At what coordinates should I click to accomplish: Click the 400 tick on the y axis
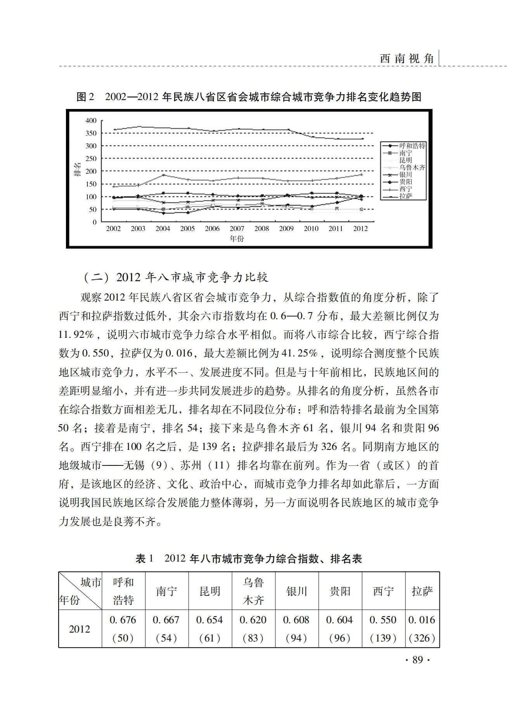click(91, 121)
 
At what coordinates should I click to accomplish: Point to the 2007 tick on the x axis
click(237, 229)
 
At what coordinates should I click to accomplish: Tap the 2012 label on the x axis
click(360, 229)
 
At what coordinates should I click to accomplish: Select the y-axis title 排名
click(78, 170)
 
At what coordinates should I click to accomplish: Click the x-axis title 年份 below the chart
click(237, 239)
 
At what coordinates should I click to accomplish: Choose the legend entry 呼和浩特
click(412, 146)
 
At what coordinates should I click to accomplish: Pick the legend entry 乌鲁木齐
click(412, 168)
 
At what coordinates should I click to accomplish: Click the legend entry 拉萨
click(406, 196)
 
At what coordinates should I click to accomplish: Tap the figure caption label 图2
click(85, 97)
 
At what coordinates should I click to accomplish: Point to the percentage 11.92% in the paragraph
click(76, 335)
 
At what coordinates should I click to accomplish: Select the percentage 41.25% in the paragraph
click(299, 353)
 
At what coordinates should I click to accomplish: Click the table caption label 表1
click(144, 559)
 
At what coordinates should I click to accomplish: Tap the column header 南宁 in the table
click(166, 591)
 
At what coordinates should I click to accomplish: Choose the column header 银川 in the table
click(297, 591)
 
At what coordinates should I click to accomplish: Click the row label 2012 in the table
click(80, 629)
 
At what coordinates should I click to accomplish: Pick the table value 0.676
click(123, 620)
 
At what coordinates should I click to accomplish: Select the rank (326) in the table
click(422, 638)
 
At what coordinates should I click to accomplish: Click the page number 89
click(417, 660)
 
